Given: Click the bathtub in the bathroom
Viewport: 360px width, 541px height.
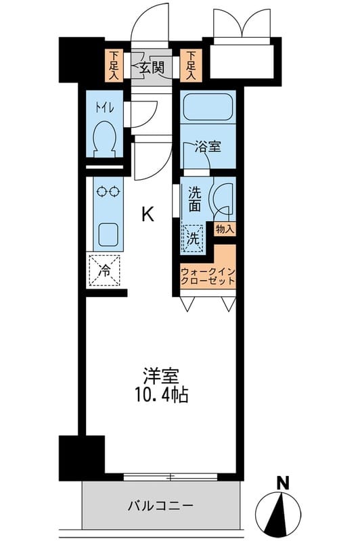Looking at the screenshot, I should click(x=208, y=107).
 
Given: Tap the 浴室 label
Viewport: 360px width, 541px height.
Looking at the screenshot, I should click(x=208, y=147).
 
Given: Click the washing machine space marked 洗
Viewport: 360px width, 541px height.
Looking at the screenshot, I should click(x=193, y=238).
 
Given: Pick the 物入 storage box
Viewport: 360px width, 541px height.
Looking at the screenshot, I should click(x=225, y=229).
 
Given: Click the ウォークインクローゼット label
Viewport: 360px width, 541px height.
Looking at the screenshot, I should click(x=208, y=277).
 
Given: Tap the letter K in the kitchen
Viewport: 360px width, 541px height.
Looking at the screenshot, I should click(x=147, y=215).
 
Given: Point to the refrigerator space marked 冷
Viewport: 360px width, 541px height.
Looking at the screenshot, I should click(x=105, y=270).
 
